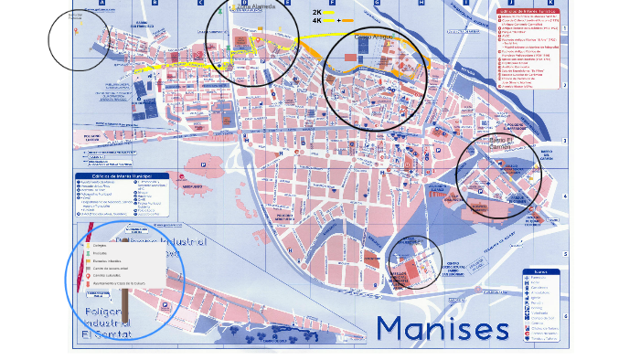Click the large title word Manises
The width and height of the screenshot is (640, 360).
tap(442, 328)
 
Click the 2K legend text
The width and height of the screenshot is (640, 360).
tap(317, 12)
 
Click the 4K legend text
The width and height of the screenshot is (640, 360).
tap(317, 20)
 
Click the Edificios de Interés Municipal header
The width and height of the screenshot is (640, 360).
tap(121, 176)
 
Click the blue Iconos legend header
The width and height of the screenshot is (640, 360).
tap(540, 271)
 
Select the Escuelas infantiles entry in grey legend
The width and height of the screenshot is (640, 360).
tap(108, 260)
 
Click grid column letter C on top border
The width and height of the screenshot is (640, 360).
tap(199, 3)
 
